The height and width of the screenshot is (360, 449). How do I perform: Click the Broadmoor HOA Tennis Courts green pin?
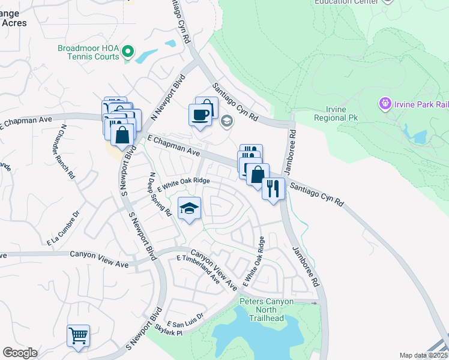click(127, 52)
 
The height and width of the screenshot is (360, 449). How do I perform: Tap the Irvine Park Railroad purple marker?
click(385, 104)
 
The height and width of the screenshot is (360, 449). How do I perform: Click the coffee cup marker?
click(200, 113)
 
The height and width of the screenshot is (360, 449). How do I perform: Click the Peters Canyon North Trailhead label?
click(268, 309)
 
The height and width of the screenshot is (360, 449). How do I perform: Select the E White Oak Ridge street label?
click(183, 184)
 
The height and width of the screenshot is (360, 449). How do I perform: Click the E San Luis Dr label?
click(185, 319)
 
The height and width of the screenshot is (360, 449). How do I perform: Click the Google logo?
click(20, 353)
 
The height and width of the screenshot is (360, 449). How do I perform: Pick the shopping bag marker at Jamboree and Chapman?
click(258, 175)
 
